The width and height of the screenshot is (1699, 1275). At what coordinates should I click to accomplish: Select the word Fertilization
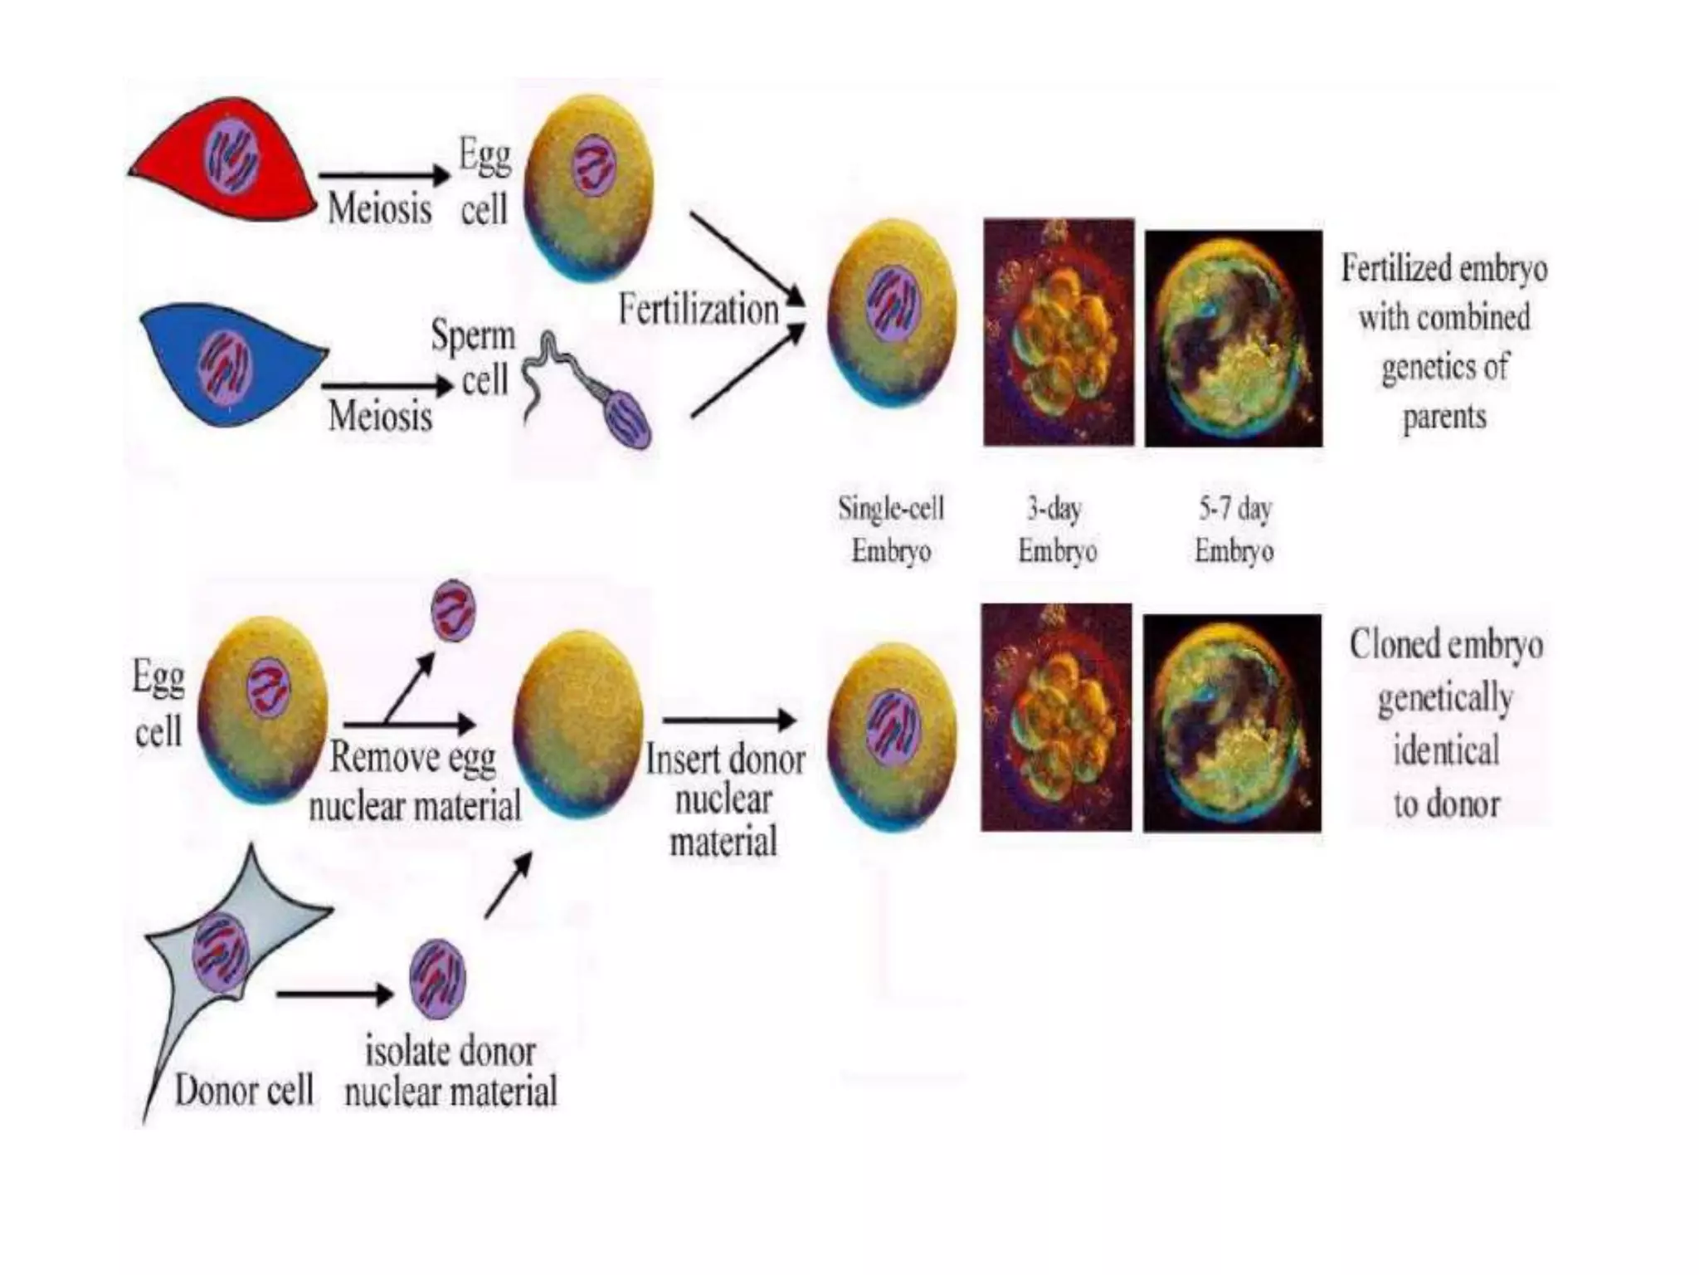699,310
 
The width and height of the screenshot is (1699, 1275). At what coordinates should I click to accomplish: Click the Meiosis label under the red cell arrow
379,208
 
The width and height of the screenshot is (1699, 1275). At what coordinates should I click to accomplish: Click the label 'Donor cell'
244,1090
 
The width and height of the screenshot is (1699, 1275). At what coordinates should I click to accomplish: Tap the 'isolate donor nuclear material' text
450,1072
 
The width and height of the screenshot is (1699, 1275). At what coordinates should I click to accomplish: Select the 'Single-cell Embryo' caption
891,529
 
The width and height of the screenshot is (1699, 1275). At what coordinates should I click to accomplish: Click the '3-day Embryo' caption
1057,529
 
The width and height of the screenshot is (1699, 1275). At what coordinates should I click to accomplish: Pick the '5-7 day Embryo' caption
1234,529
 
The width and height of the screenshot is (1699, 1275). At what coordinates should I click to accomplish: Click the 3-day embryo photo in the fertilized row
1059,332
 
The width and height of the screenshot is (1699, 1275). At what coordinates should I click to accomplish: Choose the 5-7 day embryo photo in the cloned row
1232,723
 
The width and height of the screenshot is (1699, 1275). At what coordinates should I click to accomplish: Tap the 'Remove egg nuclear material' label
415,781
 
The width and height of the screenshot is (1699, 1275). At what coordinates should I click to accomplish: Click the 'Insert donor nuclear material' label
725,800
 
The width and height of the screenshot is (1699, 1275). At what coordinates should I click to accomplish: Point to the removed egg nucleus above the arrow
454,611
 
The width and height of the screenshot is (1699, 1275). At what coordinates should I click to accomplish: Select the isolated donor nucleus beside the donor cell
437,980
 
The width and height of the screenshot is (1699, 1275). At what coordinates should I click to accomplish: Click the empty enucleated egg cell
578,723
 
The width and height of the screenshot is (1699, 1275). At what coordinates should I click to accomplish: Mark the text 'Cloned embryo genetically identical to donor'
1446,723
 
